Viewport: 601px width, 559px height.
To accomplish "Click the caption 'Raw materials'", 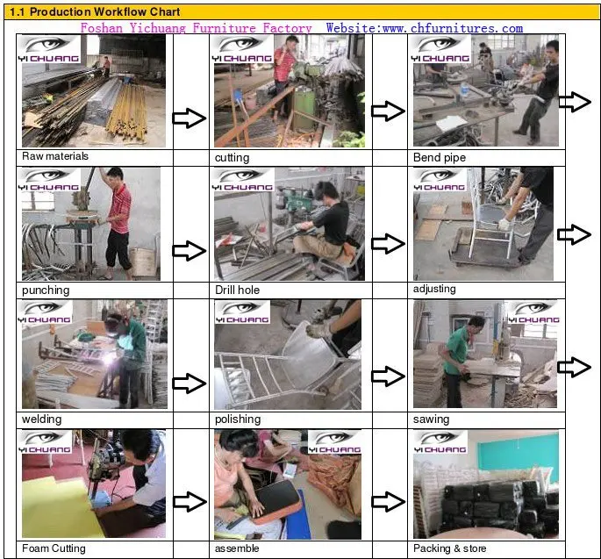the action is pyautogui.click(x=55, y=156).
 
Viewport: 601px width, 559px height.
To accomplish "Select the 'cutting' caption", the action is pyautogui.click(x=232, y=158).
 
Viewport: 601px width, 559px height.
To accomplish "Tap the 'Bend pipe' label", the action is pyautogui.click(x=440, y=158).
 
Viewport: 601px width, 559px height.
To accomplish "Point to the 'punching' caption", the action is pyautogui.click(x=46, y=290).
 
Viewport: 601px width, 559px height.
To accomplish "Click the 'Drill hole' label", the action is pyautogui.click(x=237, y=290).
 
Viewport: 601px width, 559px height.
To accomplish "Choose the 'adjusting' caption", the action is pyautogui.click(x=434, y=289).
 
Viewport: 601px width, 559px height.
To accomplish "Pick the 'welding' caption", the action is pyautogui.click(x=41, y=419).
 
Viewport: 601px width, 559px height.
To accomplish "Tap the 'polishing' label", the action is pyautogui.click(x=238, y=419).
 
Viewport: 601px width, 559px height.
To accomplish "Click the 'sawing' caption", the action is pyautogui.click(x=431, y=419).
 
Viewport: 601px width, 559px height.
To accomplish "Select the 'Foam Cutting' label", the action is pyautogui.click(x=54, y=548).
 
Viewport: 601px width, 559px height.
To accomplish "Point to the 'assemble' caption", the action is pyautogui.click(x=237, y=548).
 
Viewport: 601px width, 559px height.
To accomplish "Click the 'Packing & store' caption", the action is pyautogui.click(x=449, y=548).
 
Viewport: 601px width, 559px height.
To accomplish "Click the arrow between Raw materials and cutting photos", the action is pyautogui.click(x=190, y=118).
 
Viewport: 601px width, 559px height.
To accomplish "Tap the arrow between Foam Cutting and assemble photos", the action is pyautogui.click(x=190, y=501).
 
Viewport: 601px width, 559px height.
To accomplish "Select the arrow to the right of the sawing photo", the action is pyautogui.click(x=574, y=367).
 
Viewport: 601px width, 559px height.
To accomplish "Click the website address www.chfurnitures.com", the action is pyautogui.click(x=453, y=28).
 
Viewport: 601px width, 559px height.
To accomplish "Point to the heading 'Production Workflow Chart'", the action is pyautogui.click(x=105, y=12).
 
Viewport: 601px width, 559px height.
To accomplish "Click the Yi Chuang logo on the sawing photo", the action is pyautogui.click(x=534, y=312).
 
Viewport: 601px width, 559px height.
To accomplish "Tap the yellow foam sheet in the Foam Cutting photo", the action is pyautogui.click(x=58, y=506).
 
